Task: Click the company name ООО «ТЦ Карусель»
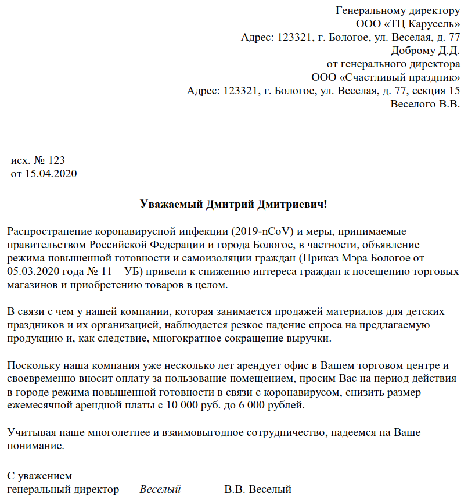pyautogui.click(x=408, y=24)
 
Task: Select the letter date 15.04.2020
pyautogui.click(x=51, y=174)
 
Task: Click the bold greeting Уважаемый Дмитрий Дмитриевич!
pyautogui.click(x=234, y=204)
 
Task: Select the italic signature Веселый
pyautogui.click(x=160, y=490)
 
